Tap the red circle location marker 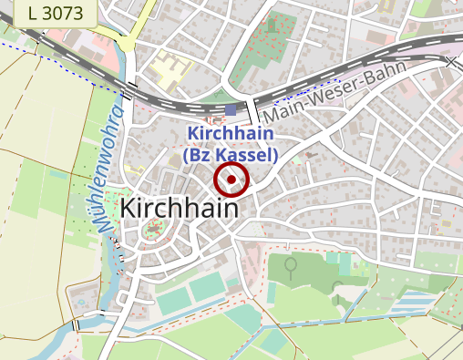coord(231,180)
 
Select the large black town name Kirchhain coord(180,207)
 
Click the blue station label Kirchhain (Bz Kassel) coord(230,144)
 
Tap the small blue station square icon coord(231,110)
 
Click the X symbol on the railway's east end coord(451,62)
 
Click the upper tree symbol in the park coord(291,266)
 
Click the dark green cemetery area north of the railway coord(275,40)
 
